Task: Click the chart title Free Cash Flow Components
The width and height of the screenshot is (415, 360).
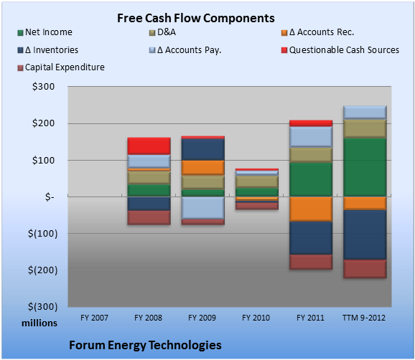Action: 196,18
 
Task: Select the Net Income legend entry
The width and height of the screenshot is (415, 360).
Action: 45,32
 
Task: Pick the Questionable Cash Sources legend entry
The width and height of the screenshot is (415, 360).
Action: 340,50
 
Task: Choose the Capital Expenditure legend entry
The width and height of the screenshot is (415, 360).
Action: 61,67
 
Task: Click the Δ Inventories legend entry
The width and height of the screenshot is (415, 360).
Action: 47,50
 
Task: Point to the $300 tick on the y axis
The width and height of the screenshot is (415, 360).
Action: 43,87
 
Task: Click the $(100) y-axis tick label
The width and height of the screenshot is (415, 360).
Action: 42,234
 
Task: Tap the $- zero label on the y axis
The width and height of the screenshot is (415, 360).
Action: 50,197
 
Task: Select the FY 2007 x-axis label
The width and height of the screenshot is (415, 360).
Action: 95,318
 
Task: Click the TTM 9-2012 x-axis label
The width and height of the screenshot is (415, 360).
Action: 364,318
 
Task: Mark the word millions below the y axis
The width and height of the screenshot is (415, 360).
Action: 39,323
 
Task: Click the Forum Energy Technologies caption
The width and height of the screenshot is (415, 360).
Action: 145,345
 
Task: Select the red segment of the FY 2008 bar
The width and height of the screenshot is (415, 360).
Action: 149,146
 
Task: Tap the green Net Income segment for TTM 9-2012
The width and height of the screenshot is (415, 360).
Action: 365,167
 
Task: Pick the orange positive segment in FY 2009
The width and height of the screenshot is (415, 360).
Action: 203,168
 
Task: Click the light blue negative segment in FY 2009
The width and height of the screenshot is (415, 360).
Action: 203,208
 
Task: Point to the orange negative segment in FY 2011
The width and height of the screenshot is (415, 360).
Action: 311,209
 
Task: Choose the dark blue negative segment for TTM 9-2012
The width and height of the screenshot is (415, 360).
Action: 365,235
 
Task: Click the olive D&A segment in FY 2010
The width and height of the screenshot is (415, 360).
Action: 257,182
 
